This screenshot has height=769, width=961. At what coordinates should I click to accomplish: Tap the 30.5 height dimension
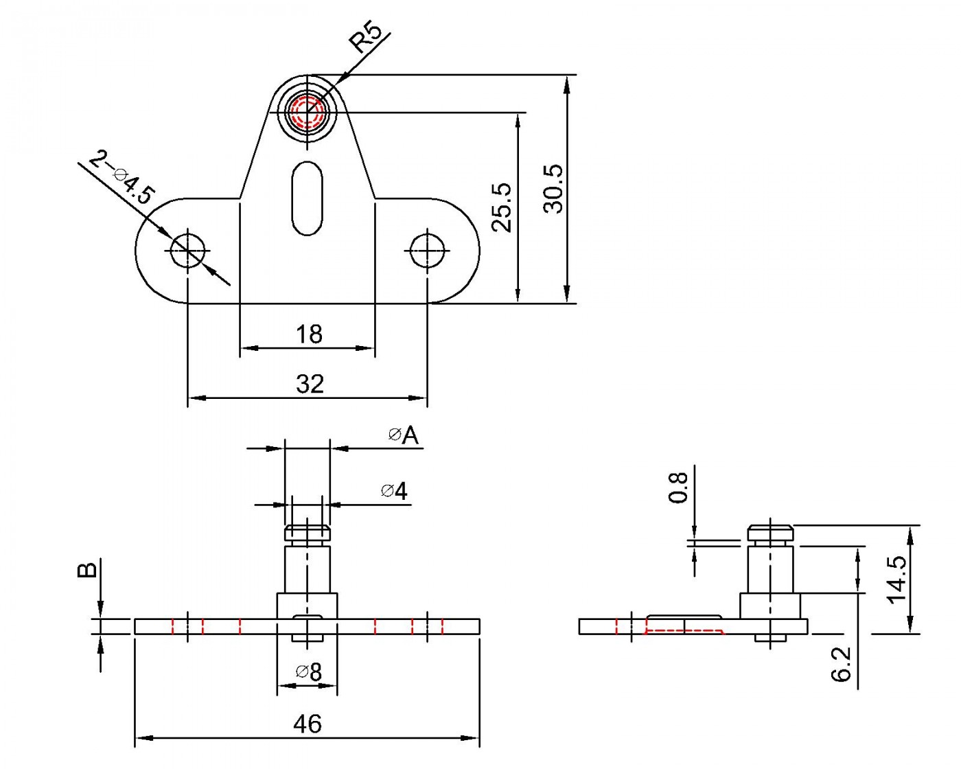coord(553,189)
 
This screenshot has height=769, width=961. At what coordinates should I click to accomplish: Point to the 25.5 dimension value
coord(502,207)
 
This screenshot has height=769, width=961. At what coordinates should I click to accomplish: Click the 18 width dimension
coord(309,334)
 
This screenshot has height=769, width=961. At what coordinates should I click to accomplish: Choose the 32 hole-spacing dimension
coord(310,384)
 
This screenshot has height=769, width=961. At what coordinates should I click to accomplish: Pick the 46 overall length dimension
coord(308,724)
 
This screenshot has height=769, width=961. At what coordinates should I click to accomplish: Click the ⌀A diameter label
coord(404,435)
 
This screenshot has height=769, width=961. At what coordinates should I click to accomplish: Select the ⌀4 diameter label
coord(395,491)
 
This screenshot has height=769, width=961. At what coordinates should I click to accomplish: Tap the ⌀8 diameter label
coord(310,673)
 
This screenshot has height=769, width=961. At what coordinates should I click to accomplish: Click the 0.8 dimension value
coord(678,487)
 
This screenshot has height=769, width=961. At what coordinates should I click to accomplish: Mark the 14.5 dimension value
coord(896,579)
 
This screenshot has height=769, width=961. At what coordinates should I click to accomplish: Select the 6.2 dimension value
coord(842,663)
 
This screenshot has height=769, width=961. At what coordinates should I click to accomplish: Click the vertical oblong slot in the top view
coord(307,198)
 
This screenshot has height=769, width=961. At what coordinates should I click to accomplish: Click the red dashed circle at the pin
coord(307,112)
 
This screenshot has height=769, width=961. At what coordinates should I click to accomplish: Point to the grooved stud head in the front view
coord(308,533)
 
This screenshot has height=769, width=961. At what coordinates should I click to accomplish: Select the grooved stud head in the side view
coord(770,533)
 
